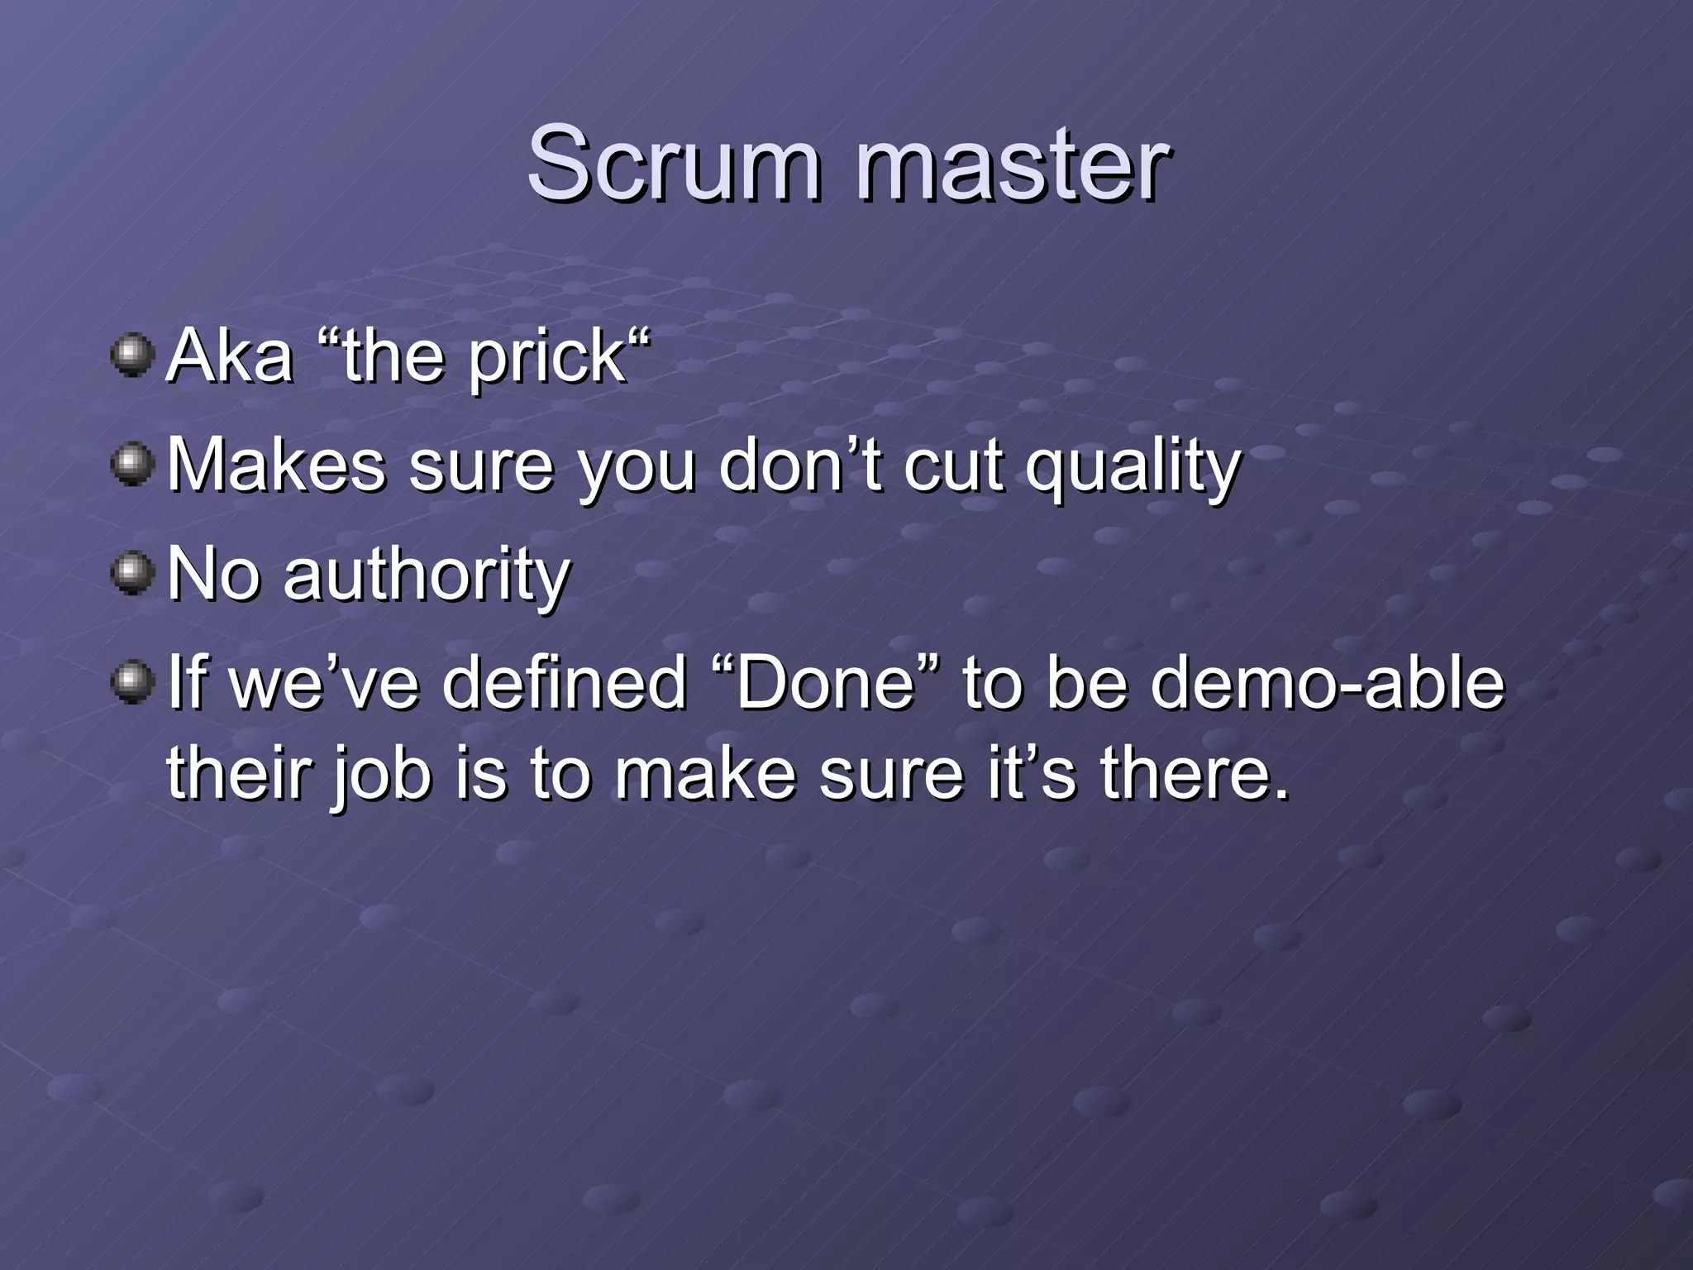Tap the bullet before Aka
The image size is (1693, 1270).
132,356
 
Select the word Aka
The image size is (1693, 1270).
231,356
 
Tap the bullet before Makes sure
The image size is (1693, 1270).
132,465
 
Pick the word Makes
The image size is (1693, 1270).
277,466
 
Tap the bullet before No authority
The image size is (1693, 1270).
132,574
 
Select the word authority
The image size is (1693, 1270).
427,576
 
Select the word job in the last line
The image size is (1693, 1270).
381,777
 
